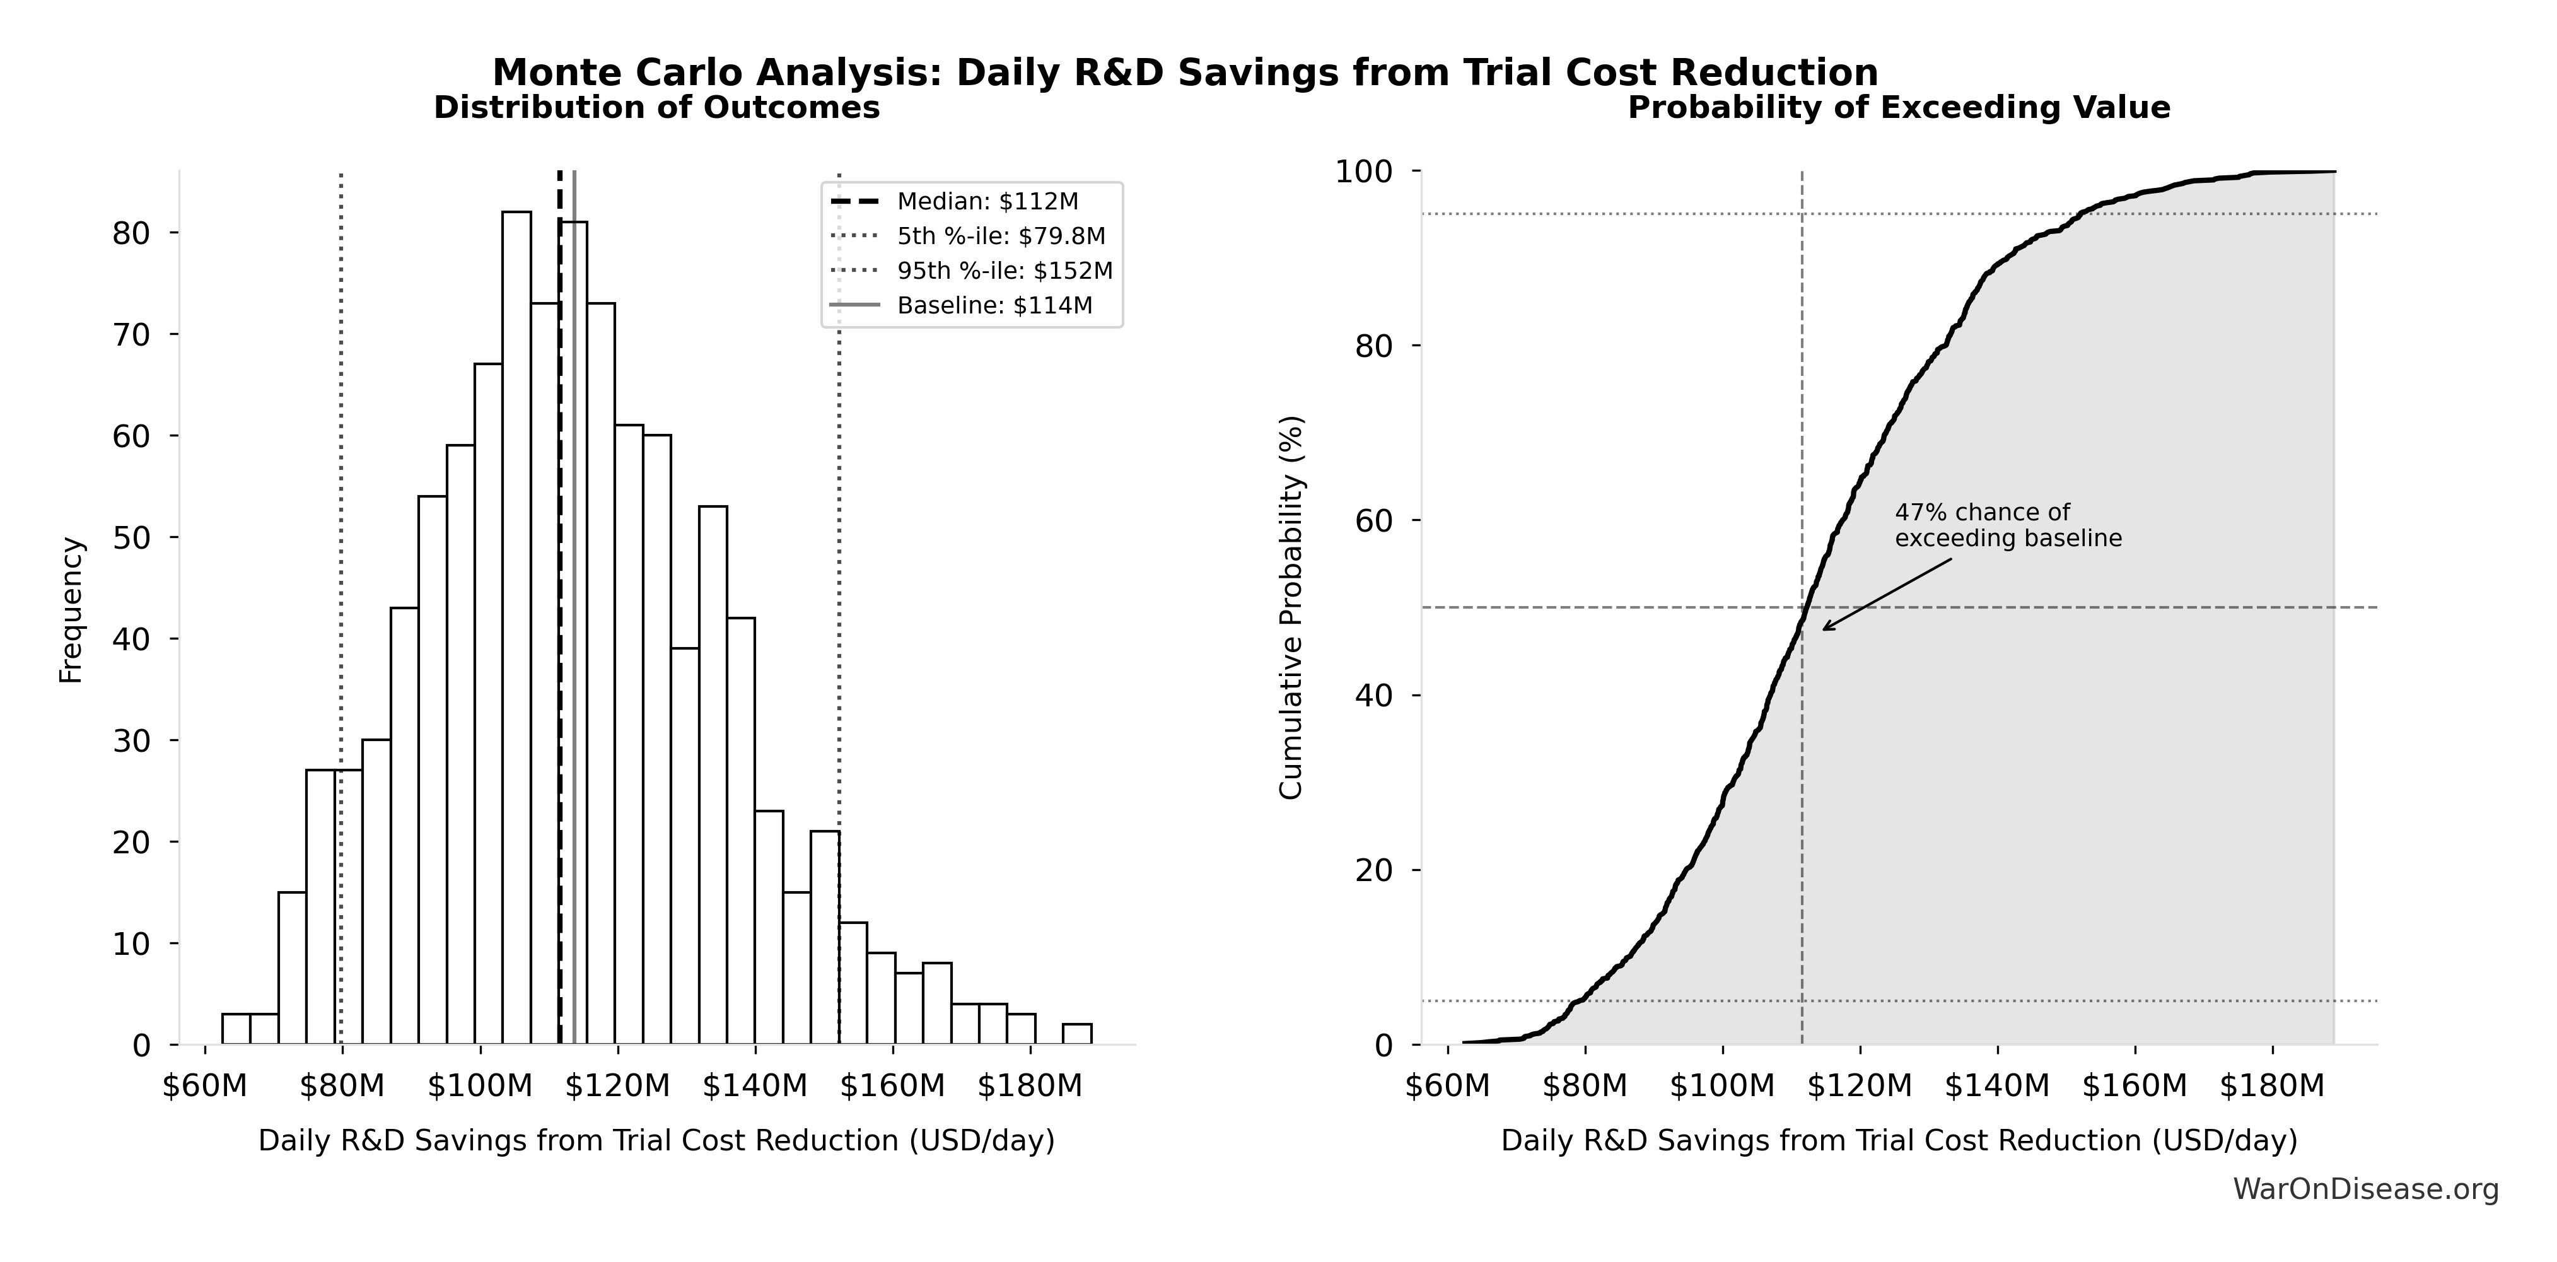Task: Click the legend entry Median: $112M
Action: tap(987, 202)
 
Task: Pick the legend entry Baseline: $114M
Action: tap(994, 305)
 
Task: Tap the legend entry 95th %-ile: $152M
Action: tap(1003, 270)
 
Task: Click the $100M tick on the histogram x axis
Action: tap(479, 1086)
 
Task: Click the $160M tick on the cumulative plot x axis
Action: tap(2134, 1086)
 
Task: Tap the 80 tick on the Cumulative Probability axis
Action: tap(1374, 346)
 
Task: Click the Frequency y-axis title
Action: tap(71, 610)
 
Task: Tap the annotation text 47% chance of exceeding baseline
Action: tap(2007, 525)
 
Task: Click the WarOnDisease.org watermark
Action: tap(2365, 1188)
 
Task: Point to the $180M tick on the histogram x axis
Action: tap(1029, 1086)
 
